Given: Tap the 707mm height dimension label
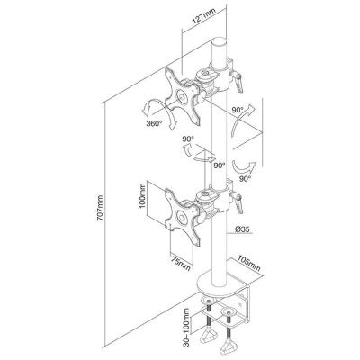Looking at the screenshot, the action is (x=100, y=208).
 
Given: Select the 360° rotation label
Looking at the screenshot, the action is (x=155, y=123).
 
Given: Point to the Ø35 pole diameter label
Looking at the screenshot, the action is (x=242, y=229).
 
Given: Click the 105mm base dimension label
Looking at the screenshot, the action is (x=248, y=263).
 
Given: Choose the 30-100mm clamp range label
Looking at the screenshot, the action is (x=187, y=327).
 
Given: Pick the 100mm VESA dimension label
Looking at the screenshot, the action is (x=142, y=195).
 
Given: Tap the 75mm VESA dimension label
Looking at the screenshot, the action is (x=181, y=262).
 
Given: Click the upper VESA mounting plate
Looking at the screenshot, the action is (x=182, y=96).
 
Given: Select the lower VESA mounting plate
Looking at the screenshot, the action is (x=182, y=217).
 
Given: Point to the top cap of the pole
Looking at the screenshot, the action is (x=220, y=41).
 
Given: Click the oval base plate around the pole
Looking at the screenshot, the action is (x=215, y=283).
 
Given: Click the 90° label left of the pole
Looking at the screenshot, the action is (x=188, y=139).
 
